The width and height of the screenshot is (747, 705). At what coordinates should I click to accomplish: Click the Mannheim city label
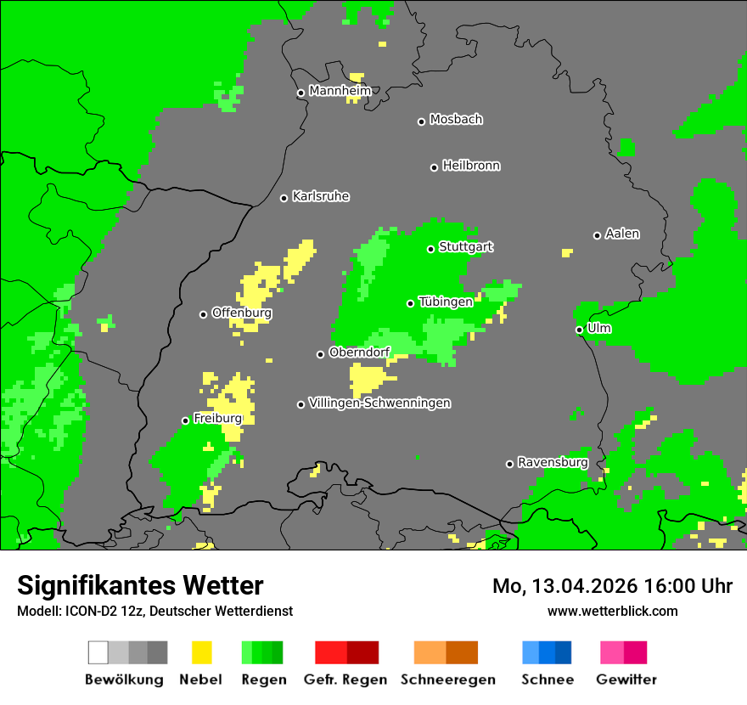(340, 91)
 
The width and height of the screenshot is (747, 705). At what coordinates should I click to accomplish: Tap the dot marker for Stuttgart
(430, 249)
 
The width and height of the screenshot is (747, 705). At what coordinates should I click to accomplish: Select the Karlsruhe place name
(321, 196)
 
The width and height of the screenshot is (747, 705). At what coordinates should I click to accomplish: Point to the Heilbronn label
(471, 166)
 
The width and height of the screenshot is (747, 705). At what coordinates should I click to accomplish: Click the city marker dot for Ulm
(579, 330)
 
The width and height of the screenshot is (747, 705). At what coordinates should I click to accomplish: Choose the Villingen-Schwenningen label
(379, 403)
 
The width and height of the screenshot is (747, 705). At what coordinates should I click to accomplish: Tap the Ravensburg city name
(553, 462)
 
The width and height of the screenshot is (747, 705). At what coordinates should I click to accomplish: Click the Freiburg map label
(218, 419)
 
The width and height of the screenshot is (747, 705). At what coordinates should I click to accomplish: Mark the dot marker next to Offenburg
(203, 314)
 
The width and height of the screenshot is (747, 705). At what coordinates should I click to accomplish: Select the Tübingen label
(446, 302)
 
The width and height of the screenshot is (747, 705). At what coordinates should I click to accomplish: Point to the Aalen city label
(622, 234)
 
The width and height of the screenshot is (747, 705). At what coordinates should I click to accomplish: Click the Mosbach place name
(456, 120)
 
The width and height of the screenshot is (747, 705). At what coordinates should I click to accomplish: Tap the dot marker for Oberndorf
(320, 354)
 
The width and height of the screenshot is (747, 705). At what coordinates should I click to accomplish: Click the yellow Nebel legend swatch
(201, 652)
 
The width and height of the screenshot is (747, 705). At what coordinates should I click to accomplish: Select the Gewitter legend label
(626, 680)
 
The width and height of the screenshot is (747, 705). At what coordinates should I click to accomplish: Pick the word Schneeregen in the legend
(447, 680)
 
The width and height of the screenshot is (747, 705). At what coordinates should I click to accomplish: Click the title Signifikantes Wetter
(140, 585)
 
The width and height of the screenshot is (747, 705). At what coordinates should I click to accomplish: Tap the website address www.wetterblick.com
(612, 611)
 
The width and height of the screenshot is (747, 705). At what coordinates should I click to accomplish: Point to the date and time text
(612, 586)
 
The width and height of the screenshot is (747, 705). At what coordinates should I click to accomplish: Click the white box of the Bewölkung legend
(98, 652)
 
